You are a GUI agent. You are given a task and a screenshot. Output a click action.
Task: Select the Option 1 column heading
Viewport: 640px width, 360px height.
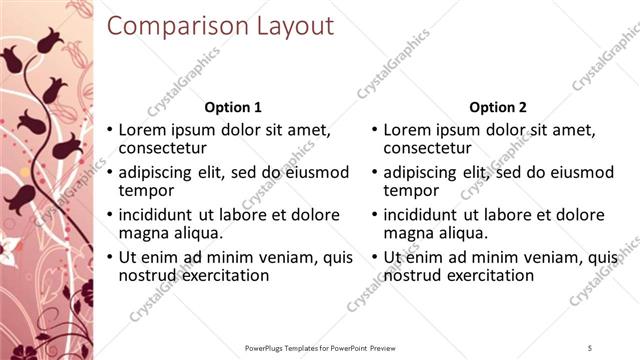[233, 107]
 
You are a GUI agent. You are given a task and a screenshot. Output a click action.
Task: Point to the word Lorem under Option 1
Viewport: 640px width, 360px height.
[143, 130]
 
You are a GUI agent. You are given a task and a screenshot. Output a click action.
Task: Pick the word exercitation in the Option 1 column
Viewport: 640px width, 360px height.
[225, 275]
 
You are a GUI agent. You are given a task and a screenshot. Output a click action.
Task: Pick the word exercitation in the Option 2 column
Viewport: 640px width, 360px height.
[490, 275]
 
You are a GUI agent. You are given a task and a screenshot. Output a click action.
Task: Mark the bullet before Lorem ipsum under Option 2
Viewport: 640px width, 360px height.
[374, 131]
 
